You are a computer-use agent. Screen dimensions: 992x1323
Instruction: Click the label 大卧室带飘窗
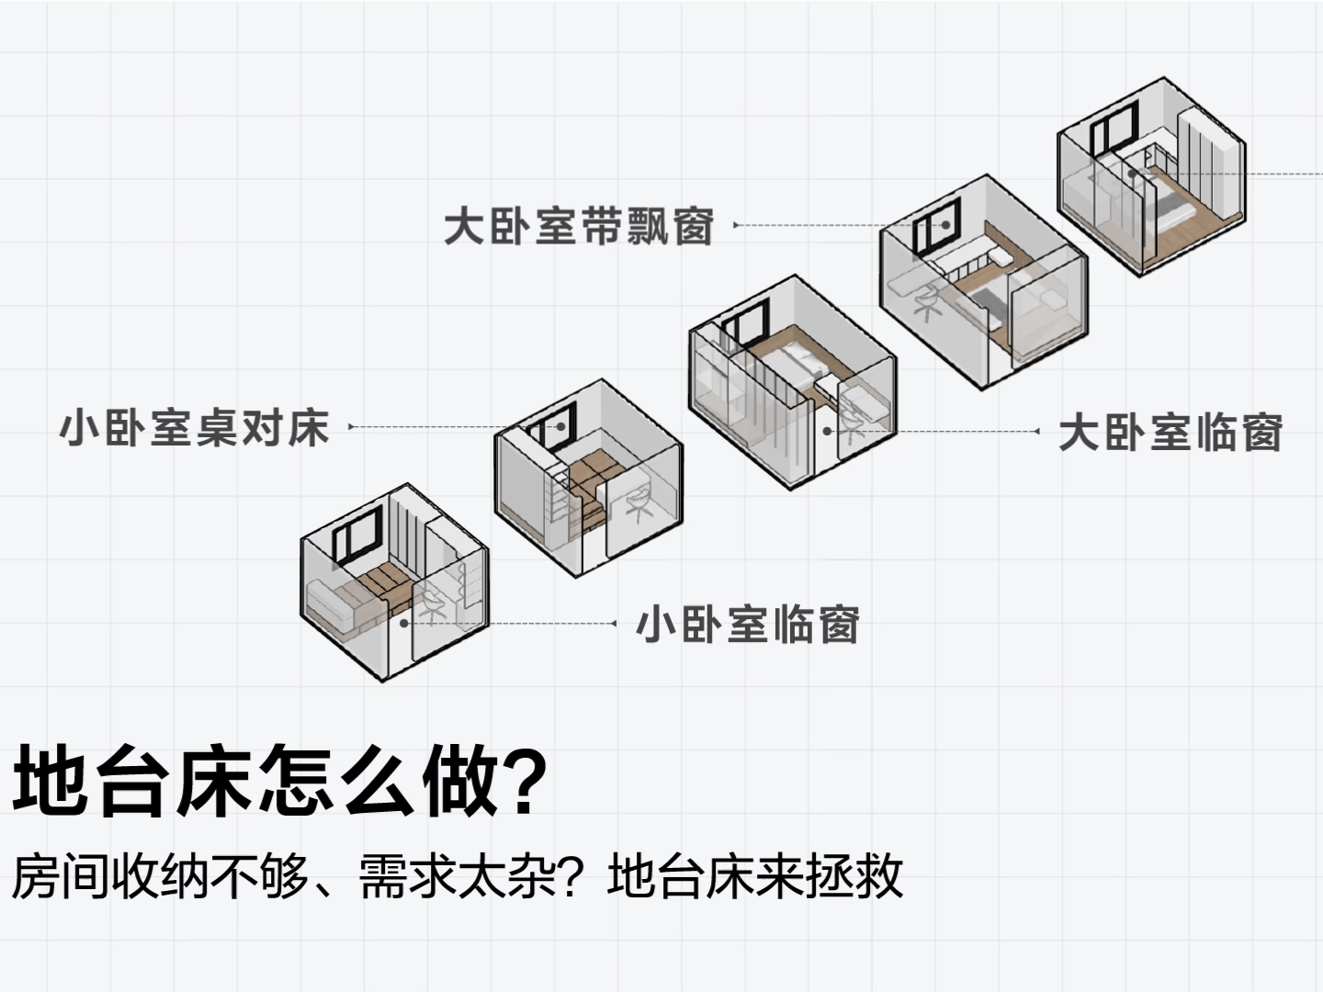[x=579, y=226]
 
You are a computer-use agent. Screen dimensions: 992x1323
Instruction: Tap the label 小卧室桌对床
[x=194, y=428]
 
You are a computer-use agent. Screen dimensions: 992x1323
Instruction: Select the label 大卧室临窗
[x=1170, y=433]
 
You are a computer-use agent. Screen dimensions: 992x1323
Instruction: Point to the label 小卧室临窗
[x=748, y=625]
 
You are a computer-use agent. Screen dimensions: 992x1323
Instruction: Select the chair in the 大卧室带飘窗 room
[x=929, y=301]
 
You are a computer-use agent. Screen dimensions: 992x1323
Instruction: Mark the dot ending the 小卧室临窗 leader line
[x=403, y=623]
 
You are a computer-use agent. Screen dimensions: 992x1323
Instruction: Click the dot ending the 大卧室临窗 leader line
[x=827, y=431]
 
